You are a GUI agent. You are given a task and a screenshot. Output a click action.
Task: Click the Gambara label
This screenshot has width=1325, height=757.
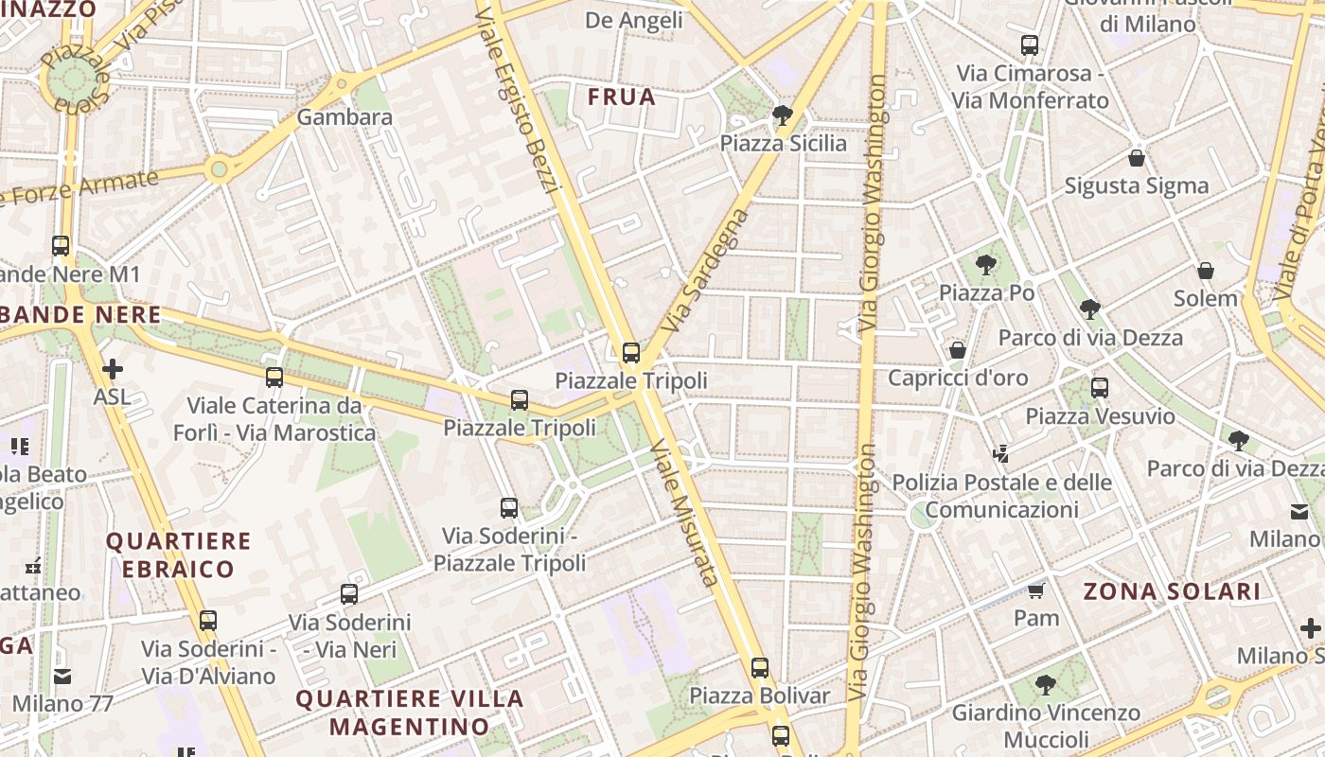[x=344, y=117]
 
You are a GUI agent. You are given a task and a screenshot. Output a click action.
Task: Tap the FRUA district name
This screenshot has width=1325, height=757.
[x=621, y=97]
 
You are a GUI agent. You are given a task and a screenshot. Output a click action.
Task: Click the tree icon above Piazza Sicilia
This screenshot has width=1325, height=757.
[x=782, y=115]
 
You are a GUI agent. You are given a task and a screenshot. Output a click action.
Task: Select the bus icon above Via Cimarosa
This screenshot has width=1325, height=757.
[x=1029, y=44]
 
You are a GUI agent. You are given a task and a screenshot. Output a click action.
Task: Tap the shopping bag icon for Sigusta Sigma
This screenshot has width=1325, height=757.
[x=1136, y=158]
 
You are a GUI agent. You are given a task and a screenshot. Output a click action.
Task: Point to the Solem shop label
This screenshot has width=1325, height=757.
[x=1206, y=298]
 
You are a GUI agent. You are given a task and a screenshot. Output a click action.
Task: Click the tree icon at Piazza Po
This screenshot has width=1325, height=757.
[x=986, y=265]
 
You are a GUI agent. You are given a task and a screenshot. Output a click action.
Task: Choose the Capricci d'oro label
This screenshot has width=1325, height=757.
[x=958, y=378]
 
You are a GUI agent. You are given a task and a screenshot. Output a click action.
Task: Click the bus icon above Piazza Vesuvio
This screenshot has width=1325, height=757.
[x=1099, y=387]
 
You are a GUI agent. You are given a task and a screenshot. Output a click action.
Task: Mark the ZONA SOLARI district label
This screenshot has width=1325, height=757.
[x=1172, y=592]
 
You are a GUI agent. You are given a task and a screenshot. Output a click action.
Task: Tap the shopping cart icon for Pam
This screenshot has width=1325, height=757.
[x=1035, y=591]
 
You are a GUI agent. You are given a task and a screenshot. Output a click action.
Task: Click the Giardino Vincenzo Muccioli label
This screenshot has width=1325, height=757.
[x=1046, y=725]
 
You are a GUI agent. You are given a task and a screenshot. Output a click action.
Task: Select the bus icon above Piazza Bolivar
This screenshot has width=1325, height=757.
[x=759, y=667]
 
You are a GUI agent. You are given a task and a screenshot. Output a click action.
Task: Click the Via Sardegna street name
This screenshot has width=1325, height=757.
[x=705, y=270]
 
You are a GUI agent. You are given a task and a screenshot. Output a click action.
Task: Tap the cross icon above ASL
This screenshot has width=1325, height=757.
[x=112, y=368]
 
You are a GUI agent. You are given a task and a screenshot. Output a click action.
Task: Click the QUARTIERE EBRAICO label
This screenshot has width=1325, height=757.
[x=179, y=555]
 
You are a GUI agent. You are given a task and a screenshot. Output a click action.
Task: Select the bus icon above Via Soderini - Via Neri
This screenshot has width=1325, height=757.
[x=349, y=594]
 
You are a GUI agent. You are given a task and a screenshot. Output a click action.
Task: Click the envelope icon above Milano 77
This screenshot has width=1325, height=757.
[x=62, y=677]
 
